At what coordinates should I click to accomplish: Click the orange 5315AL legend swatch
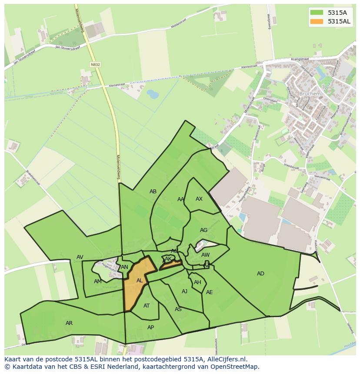pos(317,21)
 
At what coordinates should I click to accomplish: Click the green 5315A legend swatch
pos(317,12)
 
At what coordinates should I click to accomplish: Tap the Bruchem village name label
pos(310,93)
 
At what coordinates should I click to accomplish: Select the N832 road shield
pos(95,64)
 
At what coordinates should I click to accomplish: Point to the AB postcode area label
pos(153,192)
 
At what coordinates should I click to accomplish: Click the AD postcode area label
pos(260,274)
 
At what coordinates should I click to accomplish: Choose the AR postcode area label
pos(69,323)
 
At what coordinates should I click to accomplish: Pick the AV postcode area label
pos(80,257)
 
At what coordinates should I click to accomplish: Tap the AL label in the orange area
pos(140,281)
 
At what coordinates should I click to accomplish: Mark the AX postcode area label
pos(199,199)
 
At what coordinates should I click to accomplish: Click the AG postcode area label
pos(203,230)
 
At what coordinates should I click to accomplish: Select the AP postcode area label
pos(150,328)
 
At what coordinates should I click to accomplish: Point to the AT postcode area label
pos(147,306)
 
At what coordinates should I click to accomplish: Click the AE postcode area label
pos(210,292)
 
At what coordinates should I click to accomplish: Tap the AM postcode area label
pos(97,281)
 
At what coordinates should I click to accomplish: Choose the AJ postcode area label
pos(184,291)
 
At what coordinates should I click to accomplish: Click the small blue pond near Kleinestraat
pos(153,93)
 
